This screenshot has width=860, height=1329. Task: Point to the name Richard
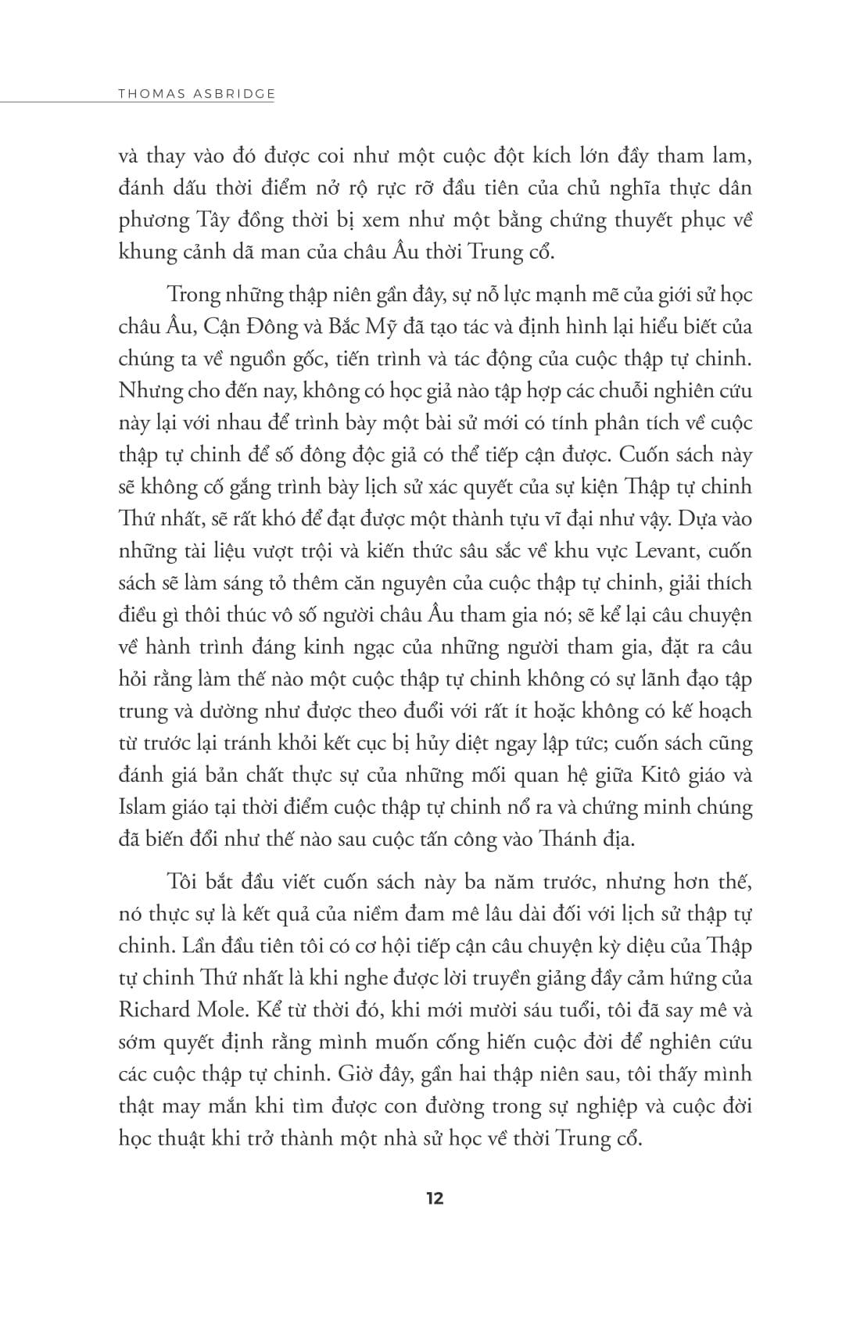click(x=154, y=1008)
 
